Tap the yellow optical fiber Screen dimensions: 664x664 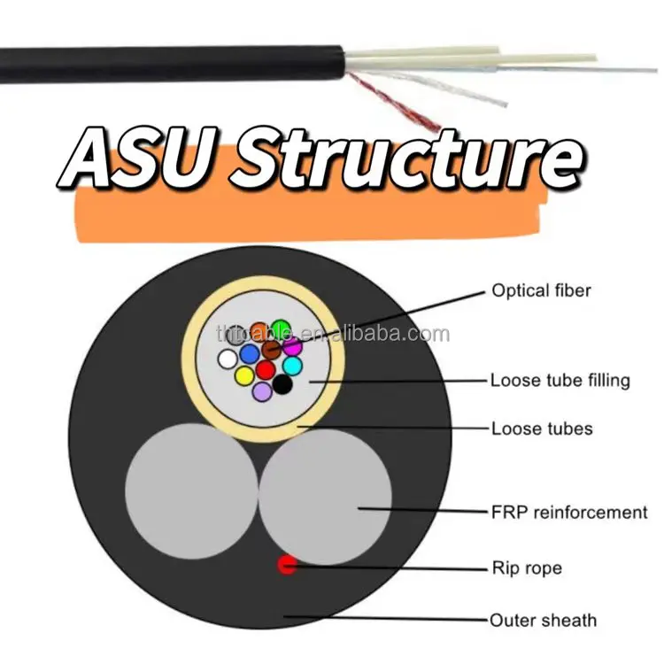[x=244, y=375]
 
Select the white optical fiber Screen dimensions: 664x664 [x=228, y=359]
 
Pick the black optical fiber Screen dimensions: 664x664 [x=282, y=384]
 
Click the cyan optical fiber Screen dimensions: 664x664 [x=292, y=365]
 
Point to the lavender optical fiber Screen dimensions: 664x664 [x=262, y=390]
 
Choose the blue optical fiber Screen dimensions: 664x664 [x=249, y=353]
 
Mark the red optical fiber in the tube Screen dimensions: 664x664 [x=266, y=370]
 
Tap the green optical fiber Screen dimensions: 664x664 [x=281, y=328]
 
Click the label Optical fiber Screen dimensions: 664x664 [x=541, y=290]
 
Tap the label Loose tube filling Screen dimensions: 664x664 [x=560, y=381]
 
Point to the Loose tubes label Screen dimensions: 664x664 [x=542, y=429]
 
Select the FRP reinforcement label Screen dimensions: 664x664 [x=568, y=512]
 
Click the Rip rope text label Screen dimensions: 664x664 [x=526, y=567]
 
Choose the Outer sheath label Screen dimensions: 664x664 [x=544, y=620]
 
